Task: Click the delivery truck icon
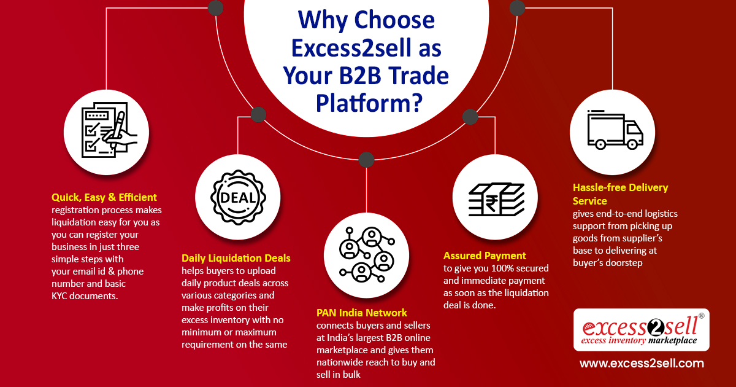[615, 131]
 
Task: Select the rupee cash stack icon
[494, 197]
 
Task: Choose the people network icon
[366, 254]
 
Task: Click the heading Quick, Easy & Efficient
[104, 197]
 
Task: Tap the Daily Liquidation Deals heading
[236, 258]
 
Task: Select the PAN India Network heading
[361, 313]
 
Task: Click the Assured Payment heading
[485, 256]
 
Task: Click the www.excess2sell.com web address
[642, 363]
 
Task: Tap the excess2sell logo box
[641, 330]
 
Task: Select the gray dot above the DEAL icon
[258, 114]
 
